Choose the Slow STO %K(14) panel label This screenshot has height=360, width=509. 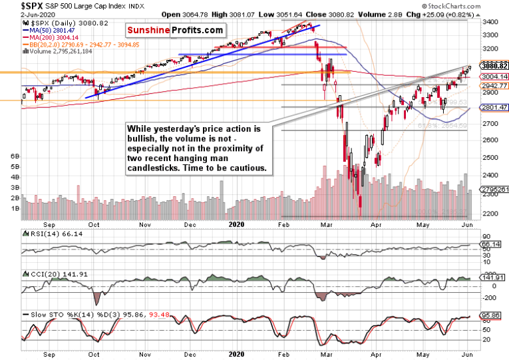pos(53,313)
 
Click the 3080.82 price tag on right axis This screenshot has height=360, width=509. pos(494,66)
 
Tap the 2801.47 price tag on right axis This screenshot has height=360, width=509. pos(494,107)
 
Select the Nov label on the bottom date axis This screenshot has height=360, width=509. pos(144,354)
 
